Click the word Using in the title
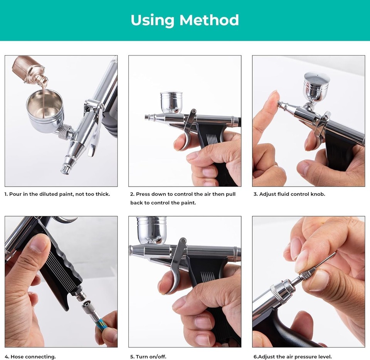click(151, 20)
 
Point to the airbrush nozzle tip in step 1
click(66, 169)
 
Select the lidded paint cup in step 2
click(172, 102)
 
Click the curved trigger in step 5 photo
click(176, 266)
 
